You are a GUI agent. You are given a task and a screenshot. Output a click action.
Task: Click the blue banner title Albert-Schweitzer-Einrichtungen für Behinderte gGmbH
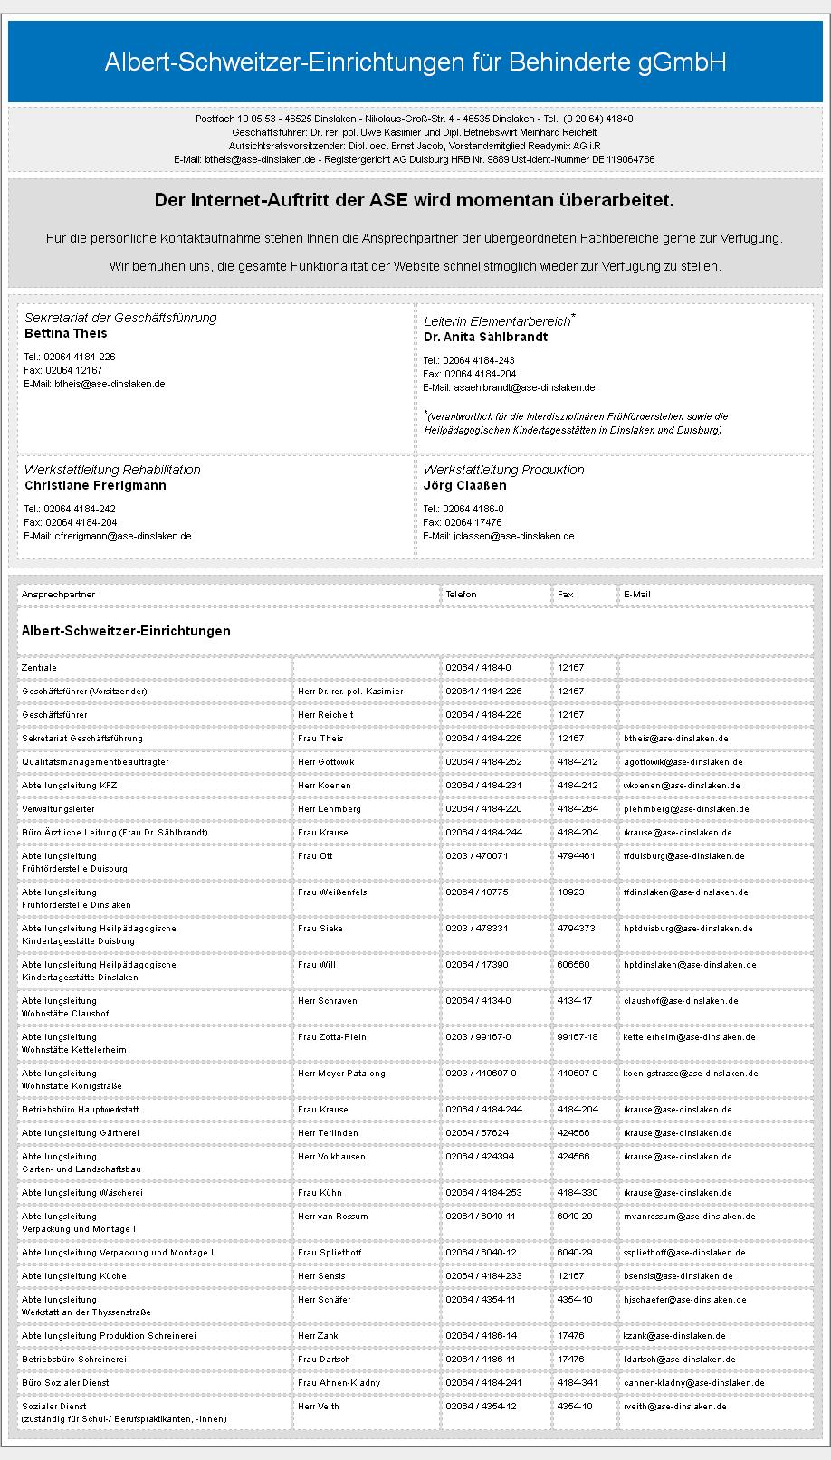pyautogui.click(x=415, y=62)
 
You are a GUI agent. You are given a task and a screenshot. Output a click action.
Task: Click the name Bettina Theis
pyautogui.click(x=65, y=333)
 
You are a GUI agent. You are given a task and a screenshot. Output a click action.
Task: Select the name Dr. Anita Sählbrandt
pyautogui.click(x=485, y=337)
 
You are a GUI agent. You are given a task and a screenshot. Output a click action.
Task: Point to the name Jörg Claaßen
pyautogui.click(x=464, y=485)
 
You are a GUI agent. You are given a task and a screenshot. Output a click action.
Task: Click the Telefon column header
pyautogui.click(x=461, y=595)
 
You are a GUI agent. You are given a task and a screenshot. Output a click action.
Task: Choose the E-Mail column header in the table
pyautogui.click(x=636, y=595)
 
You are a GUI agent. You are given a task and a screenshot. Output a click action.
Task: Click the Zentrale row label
pyautogui.click(x=39, y=668)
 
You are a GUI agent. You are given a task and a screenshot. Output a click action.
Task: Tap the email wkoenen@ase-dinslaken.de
pyautogui.click(x=681, y=786)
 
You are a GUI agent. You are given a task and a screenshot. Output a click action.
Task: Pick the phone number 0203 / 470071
pyautogui.click(x=476, y=856)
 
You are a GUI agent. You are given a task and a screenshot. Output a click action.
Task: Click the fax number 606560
pyautogui.click(x=573, y=965)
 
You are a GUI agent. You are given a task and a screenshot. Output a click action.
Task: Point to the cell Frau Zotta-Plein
pyautogui.click(x=331, y=1037)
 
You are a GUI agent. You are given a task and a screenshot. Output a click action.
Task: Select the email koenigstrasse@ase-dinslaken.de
pyautogui.click(x=690, y=1074)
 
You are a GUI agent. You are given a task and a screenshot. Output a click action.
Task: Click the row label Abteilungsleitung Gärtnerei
pyautogui.click(x=81, y=1133)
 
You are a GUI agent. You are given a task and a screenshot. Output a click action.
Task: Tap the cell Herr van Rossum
pyautogui.click(x=332, y=1217)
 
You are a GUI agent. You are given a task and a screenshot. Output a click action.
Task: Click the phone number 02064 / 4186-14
pyautogui.click(x=481, y=1336)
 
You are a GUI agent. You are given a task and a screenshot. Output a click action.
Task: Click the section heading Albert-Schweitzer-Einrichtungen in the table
pyautogui.click(x=126, y=631)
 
